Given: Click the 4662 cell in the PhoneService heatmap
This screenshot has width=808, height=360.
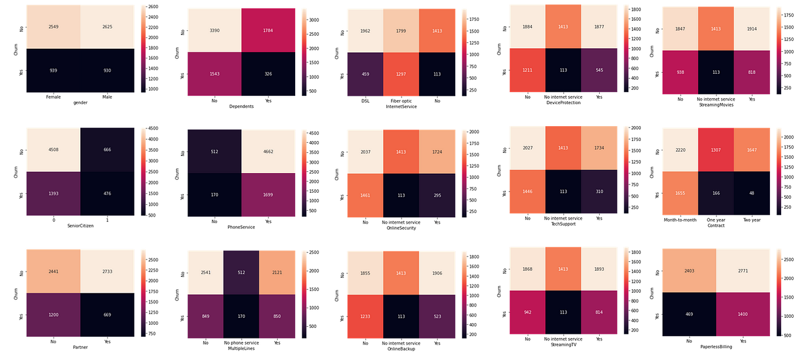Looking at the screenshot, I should click(x=268, y=151).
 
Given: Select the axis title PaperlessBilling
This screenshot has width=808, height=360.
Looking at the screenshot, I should click(x=717, y=346).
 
